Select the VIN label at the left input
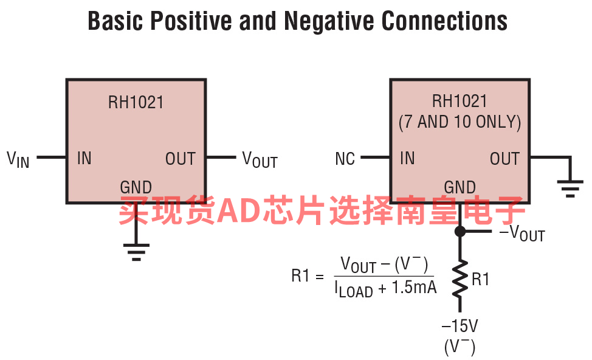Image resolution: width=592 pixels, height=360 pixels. [18, 159]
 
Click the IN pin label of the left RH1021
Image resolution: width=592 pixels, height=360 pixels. [84, 159]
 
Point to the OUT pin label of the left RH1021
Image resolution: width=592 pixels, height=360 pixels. [181, 159]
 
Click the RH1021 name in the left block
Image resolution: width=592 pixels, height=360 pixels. [136, 102]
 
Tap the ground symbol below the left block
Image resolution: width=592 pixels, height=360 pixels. [136, 251]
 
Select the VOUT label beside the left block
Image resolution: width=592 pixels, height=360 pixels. [260, 160]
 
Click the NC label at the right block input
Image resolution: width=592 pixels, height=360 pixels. [345, 159]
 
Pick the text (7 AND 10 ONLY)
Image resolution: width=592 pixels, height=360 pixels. [460, 122]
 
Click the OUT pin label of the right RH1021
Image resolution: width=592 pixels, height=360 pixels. [505, 159]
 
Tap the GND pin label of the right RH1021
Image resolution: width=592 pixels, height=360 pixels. [460, 187]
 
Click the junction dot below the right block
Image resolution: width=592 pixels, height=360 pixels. [460, 231]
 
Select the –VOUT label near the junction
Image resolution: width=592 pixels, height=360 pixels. [521, 233]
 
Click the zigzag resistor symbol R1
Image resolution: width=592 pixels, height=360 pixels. [460, 279]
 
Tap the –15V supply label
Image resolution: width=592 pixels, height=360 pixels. [459, 326]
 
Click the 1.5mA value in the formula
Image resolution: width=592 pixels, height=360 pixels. [415, 288]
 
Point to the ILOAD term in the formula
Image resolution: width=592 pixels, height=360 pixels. [354, 289]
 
